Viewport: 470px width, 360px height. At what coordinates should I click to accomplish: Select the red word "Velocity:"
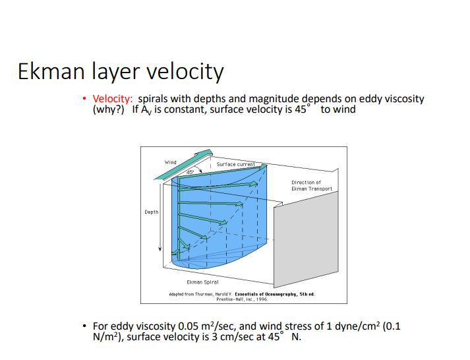pos(113,99)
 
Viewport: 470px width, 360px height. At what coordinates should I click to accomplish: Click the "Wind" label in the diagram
pos(171,162)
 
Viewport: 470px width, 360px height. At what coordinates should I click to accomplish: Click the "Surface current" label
pos(235,164)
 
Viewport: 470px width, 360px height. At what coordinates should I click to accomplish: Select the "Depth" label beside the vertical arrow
pos(151,212)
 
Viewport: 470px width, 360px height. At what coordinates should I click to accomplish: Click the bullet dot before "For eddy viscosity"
pos(84,326)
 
